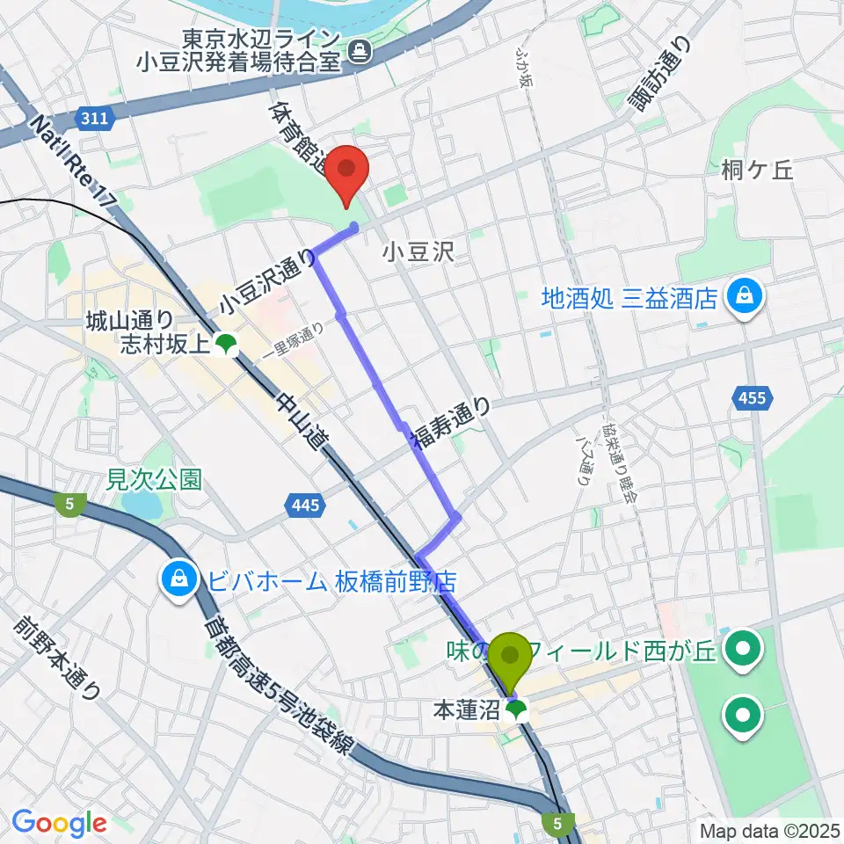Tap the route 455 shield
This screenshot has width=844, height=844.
click(753, 398)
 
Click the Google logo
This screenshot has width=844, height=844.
click(59, 822)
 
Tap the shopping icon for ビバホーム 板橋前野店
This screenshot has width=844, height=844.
click(178, 579)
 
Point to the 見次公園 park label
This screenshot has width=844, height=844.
click(154, 479)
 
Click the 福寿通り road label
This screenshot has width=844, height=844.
click(452, 423)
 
